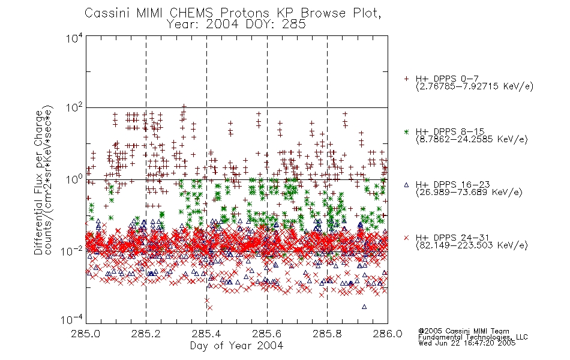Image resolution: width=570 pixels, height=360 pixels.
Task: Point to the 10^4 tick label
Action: pos(74,38)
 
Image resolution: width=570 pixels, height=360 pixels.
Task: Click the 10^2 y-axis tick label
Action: pos(74,109)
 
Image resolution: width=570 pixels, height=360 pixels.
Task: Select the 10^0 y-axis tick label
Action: pos(74,179)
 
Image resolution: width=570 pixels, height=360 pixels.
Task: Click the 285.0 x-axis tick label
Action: pos(85,334)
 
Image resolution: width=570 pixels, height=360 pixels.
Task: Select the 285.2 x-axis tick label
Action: pos(146,334)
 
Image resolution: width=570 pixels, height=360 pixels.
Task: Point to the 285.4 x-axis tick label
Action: pos(206,334)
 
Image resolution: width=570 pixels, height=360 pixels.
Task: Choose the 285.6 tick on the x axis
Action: pos(266,334)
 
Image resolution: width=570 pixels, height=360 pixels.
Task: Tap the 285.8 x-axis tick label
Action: pos(327,334)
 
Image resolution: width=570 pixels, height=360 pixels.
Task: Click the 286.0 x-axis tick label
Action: pos(388,334)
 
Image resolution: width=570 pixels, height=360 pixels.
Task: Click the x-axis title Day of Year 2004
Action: pos(236,346)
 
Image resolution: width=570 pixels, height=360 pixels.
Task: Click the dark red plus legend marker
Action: pos(406,79)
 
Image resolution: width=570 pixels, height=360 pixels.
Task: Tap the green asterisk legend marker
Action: pos(406,132)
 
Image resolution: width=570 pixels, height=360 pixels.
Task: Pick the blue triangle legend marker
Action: pos(406,185)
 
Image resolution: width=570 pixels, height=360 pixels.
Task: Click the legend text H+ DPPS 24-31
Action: pos(452,238)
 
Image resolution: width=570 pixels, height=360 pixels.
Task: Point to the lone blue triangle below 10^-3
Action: pos(364,307)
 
